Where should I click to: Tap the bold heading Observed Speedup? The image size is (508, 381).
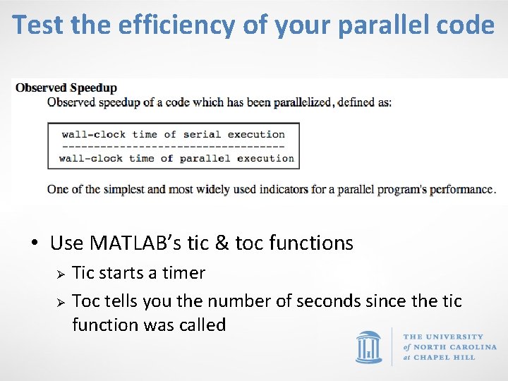(66, 88)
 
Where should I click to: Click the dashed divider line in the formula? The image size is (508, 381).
(173, 146)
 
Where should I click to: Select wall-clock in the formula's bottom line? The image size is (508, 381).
(90, 158)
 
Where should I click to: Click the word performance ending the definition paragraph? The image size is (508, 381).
(463, 189)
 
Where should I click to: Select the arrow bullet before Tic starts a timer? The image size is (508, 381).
(61, 274)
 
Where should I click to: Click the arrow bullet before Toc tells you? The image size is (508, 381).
(61, 302)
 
